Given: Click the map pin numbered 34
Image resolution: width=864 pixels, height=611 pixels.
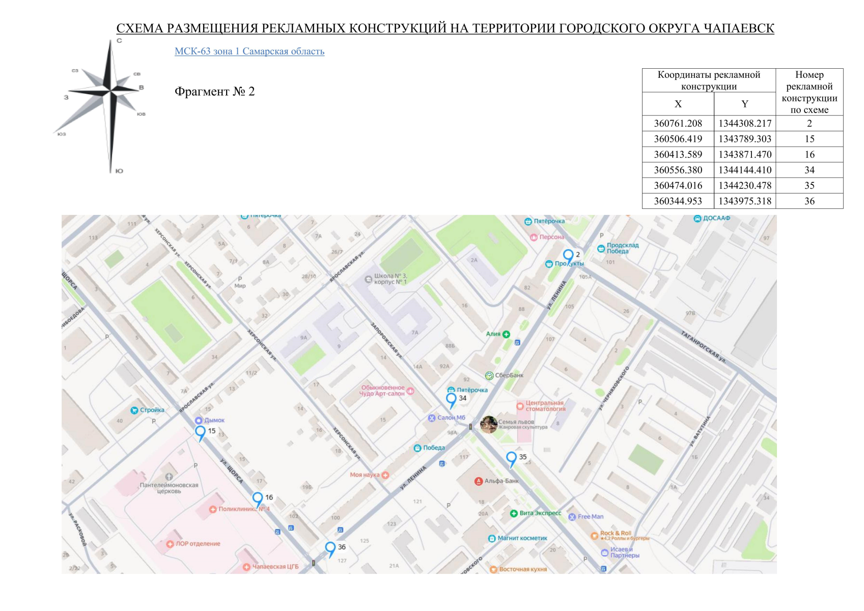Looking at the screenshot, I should click(x=451, y=399).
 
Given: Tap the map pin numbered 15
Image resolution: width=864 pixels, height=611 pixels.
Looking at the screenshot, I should click(x=201, y=432).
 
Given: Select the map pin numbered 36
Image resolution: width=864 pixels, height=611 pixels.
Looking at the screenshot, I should click(x=330, y=548).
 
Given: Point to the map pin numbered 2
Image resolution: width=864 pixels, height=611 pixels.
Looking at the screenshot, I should click(x=568, y=256).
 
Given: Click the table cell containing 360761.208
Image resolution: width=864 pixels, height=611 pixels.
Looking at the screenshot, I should click(x=678, y=123).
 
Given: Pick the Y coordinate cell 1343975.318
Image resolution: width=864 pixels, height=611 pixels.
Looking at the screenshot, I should click(x=744, y=201).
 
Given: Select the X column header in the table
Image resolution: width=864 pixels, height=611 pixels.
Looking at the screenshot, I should click(x=678, y=104).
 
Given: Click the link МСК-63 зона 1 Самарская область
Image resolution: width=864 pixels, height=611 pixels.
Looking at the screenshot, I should click(x=249, y=51).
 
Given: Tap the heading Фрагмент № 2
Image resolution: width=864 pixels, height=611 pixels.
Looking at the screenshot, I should click(x=214, y=92).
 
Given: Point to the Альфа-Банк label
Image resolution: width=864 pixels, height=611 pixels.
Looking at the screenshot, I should click(x=501, y=481).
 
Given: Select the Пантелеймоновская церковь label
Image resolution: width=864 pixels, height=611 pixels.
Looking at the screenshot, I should click(x=169, y=488).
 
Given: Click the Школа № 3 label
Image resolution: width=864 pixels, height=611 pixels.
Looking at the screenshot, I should click(x=390, y=279).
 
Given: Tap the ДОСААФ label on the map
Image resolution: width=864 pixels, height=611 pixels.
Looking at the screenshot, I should click(x=716, y=218).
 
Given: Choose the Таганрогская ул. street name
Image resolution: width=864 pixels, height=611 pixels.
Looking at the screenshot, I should click(x=703, y=346).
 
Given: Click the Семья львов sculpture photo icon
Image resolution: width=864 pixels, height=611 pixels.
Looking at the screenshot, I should click(x=488, y=424).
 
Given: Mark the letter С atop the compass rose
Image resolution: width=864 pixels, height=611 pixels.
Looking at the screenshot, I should click(x=119, y=41).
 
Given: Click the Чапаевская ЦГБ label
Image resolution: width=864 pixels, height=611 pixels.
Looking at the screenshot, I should click(x=275, y=566).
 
